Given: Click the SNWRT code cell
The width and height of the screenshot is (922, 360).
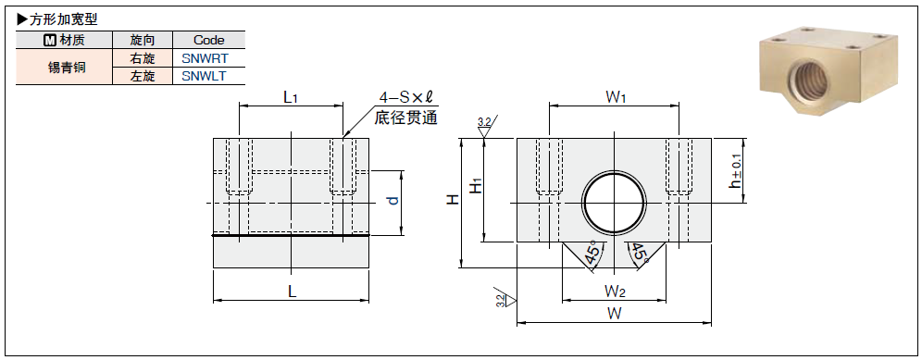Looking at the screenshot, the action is (x=208, y=58).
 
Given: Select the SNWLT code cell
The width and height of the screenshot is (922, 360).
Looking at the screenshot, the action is (x=208, y=76).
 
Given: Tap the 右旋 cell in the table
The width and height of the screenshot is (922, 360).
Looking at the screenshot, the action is (x=143, y=58).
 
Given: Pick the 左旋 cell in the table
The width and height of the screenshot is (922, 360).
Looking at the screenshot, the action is (x=143, y=76).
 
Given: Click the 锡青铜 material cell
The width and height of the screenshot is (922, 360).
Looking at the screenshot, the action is (x=64, y=67).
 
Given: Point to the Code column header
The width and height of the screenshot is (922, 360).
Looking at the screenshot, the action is (x=208, y=40).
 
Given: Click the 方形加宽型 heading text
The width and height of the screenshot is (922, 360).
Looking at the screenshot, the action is (x=63, y=19).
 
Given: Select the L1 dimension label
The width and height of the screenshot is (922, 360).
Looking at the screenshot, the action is (x=291, y=97).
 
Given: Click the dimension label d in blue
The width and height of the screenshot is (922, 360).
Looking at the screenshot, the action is (x=393, y=200).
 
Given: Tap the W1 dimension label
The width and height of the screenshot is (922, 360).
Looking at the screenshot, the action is (x=615, y=97).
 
